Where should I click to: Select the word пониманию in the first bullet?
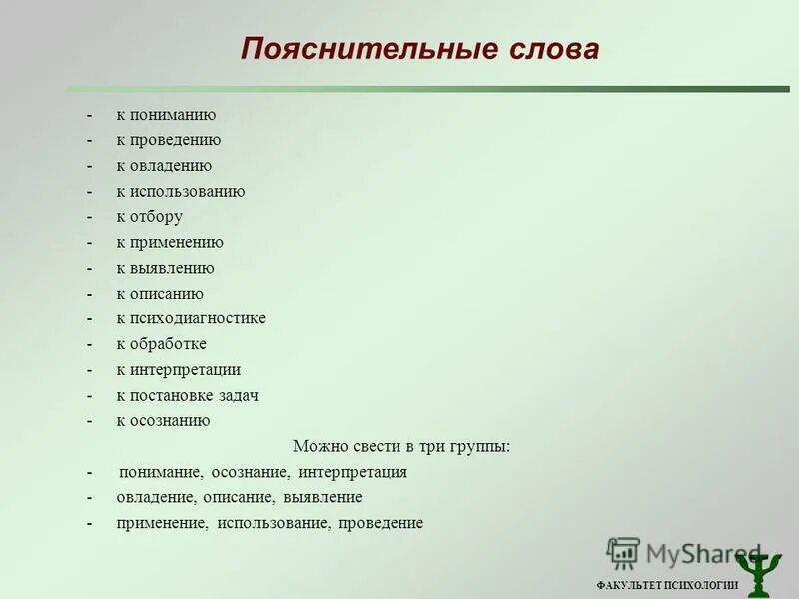click(172, 115)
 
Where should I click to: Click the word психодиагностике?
click(197, 318)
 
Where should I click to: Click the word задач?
click(237, 395)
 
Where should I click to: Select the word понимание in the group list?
click(161, 472)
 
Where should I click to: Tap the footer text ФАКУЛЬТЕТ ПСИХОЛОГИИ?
click(667, 586)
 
